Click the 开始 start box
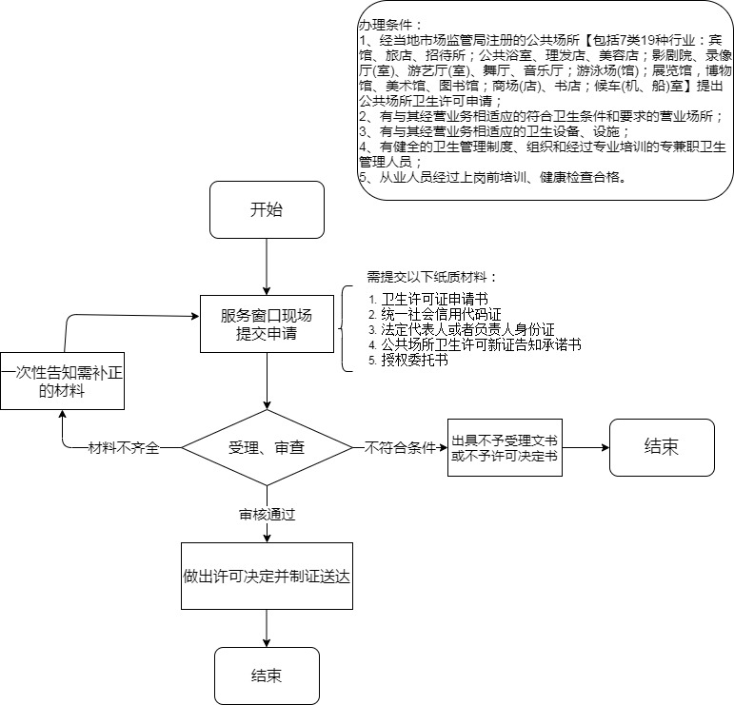click(267, 209)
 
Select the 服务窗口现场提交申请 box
click(267, 324)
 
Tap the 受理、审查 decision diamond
click(267, 447)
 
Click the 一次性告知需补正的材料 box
click(62, 378)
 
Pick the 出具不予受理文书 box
click(505, 447)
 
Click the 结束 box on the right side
click(661, 447)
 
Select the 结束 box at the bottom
click(267, 676)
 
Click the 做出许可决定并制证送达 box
click(267, 576)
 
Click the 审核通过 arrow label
click(267, 515)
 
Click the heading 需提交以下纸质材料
click(432, 278)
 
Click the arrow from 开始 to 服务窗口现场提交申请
click(267, 266)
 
